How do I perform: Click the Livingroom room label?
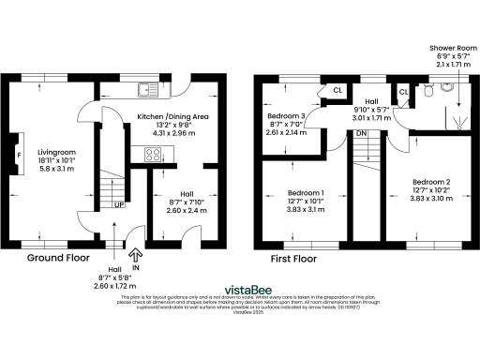57,150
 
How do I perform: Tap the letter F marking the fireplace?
19,152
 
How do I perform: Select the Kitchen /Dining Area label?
172,116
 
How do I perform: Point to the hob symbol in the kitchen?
151,154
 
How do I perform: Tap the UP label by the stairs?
119,204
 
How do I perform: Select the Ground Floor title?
58,258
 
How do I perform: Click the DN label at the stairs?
360,134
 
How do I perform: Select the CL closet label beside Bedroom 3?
337,91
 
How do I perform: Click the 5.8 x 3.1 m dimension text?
57,169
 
